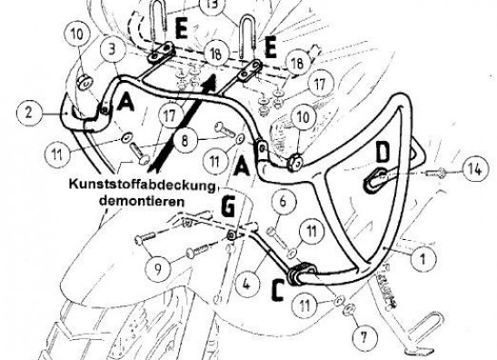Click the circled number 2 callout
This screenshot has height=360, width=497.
[29, 113]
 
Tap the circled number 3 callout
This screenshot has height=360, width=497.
[112, 51]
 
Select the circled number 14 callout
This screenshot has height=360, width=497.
[475, 170]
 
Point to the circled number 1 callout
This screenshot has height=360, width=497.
[422, 259]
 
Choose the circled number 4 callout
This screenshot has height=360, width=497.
[246, 284]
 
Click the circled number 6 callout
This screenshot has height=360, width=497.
[283, 201]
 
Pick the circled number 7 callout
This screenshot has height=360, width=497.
[363, 337]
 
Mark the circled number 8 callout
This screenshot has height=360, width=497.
[185, 140]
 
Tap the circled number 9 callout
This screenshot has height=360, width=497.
[158, 268]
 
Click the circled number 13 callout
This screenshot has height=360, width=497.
[213, 5]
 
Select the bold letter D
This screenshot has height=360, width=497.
[383, 152]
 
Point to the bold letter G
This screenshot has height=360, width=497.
[227, 208]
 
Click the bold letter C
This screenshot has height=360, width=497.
[278, 291]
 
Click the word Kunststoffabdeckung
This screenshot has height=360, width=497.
[142, 185]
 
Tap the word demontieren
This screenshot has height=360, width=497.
[142, 201]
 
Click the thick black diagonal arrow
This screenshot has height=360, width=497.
[183, 124]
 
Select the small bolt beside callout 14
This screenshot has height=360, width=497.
[435, 173]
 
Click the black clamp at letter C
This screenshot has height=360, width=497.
[301, 274]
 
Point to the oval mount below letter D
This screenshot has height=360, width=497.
[375, 181]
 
